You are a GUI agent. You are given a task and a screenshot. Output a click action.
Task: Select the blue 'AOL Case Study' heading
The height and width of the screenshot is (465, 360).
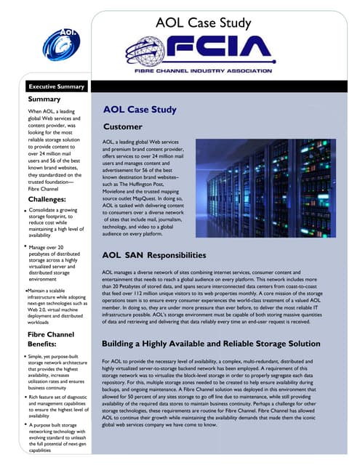click(140, 110)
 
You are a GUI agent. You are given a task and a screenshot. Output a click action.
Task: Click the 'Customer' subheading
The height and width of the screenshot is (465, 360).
click(123, 128)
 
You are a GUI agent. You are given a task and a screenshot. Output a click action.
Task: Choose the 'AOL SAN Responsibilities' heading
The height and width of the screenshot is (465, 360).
click(154, 256)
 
